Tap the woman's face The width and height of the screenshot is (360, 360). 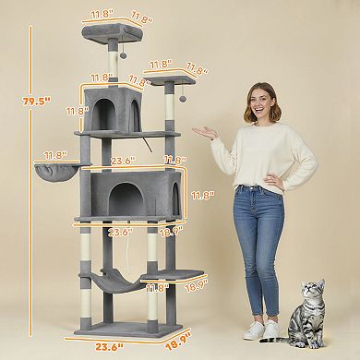tap(262, 103)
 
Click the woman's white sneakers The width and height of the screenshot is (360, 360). tap(261, 330)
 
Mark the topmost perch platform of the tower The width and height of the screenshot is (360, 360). tap(112, 33)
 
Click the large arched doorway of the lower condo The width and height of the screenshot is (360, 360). tap(120, 198)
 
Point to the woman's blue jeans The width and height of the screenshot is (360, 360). tap(258, 240)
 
